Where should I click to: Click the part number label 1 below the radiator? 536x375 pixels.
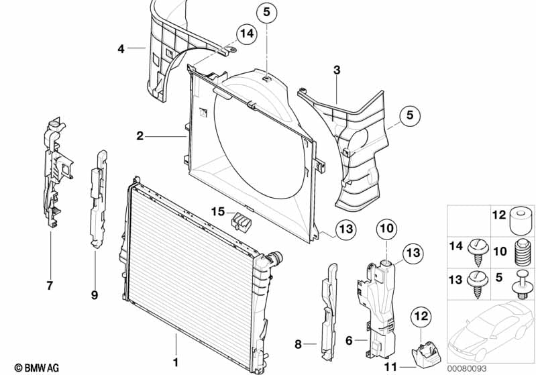tap(175, 362)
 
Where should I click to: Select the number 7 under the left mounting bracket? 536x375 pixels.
tap(50, 286)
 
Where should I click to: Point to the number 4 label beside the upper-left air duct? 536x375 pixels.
tap(121, 48)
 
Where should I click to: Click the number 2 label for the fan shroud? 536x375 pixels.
tap(140, 137)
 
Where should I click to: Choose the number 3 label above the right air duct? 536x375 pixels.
tap(337, 70)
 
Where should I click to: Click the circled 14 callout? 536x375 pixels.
tap(246, 33)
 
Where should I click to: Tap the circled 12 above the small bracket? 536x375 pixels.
tap(420, 315)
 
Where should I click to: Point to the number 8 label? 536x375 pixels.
tap(298, 345)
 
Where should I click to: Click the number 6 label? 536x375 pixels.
tap(349, 340)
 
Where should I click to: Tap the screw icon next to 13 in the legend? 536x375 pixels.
tap(478, 282)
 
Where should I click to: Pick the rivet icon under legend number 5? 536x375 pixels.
tap(521, 287)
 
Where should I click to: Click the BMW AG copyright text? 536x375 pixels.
tap(32, 368)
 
